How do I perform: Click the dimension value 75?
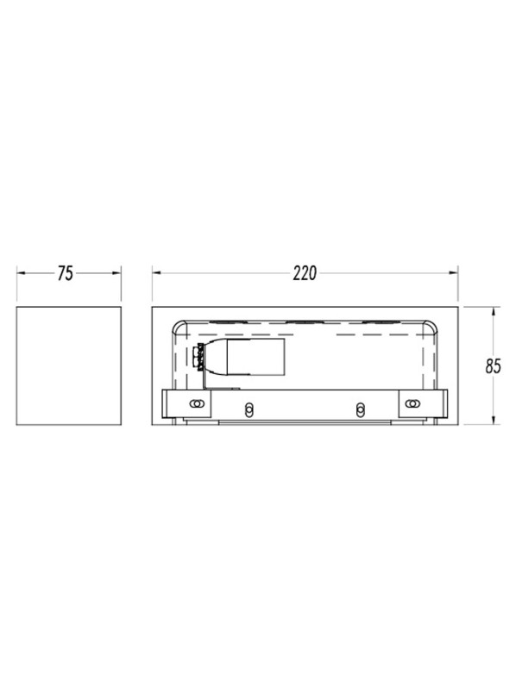(66, 274)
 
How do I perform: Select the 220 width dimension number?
(305, 273)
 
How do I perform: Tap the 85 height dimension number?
(494, 366)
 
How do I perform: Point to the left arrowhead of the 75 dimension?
(22, 273)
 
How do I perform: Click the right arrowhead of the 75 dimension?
(116, 273)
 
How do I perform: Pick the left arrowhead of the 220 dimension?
(157, 272)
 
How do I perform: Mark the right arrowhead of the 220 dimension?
(453, 272)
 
